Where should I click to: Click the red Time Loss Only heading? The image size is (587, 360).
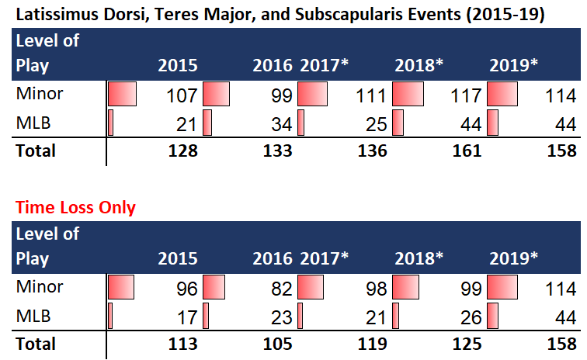tap(75, 207)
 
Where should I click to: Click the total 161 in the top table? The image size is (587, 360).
tap(467, 151)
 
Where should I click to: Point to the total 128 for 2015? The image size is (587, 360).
tap(182, 151)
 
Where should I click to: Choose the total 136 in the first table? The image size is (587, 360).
tap(372, 151)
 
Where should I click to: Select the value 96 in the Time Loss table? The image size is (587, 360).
tap(186, 290)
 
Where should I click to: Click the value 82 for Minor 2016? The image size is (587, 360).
tap(280, 290)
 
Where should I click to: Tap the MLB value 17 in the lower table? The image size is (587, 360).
tap(186, 317)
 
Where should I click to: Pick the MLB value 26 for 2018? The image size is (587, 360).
tap(471, 317)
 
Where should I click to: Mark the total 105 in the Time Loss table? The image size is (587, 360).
tap(277, 344)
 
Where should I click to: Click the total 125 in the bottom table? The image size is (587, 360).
tap(467, 344)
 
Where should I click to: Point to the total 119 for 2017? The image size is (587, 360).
tap(372, 344)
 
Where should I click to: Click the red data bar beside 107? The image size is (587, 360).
tap(122, 95)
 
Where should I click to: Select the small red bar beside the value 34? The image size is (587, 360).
tap(207, 123)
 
